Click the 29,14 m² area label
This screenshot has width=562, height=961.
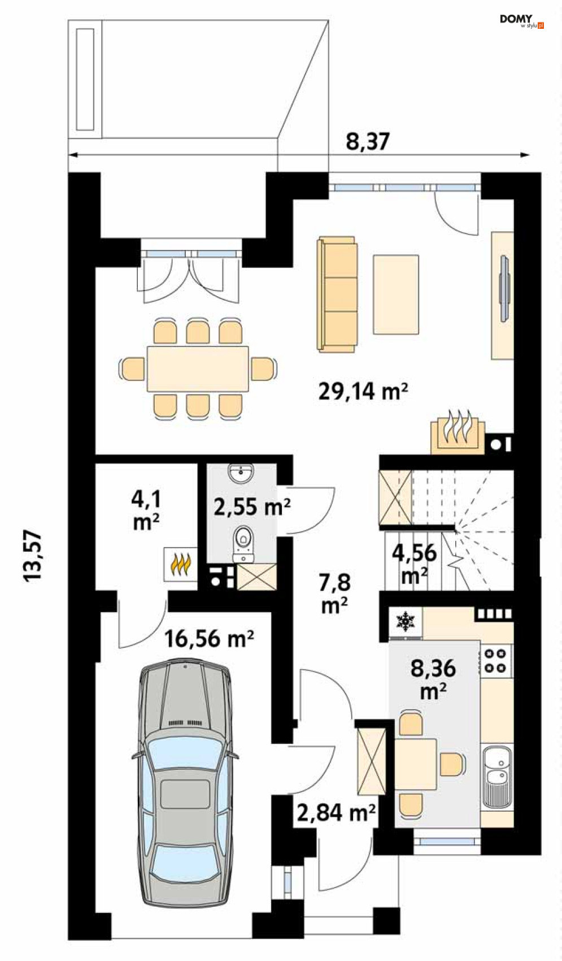tap(363, 391)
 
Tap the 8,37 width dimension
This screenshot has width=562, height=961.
tap(368, 141)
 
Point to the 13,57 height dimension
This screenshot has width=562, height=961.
tap(33, 556)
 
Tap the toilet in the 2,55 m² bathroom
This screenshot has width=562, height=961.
tap(243, 544)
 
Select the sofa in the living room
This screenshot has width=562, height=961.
tap(337, 294)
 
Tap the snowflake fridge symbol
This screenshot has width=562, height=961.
tap(405, 621)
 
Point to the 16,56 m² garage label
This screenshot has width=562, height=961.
tap(209, 639)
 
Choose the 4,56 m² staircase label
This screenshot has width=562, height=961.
tap(415, 563)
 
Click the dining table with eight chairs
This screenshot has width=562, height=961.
tap(198, 369)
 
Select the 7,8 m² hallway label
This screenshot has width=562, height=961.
tap(335, 594)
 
